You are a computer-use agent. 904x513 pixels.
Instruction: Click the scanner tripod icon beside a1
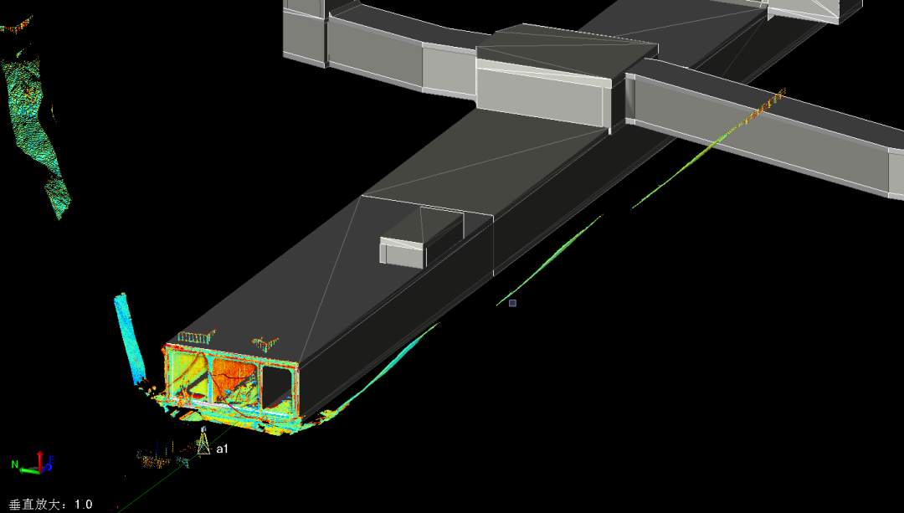coord(203,443)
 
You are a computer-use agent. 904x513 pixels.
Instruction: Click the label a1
coord(222,449)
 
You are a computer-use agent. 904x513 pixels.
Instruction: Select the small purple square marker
coord(512,303)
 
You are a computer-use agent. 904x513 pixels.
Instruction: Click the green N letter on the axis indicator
coord(15,464)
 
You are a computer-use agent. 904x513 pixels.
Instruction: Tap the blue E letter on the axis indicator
coord(51,460)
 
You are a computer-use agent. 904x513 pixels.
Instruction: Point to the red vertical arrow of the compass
coord(40,461)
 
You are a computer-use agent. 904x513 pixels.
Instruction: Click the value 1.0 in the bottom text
coord(83,505)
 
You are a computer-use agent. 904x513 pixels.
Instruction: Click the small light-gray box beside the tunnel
coord(403,252)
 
